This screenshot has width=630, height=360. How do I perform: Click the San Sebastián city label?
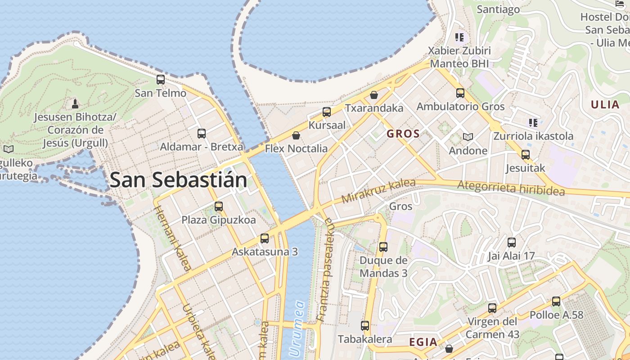pyautogui.click(x=178, y=180)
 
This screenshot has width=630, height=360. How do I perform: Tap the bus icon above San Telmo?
pyautogui.click(x=161, y=80)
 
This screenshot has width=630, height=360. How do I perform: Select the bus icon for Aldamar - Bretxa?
pyautogui.click(x=202, y=133)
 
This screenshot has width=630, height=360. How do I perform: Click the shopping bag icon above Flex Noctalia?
pyautogui.click(x=296, y=135)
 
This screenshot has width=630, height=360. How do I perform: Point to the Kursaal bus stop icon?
pyautogui.click(x=327, y=112)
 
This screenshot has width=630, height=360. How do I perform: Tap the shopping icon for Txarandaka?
pyautogui.click(x=374, y=95)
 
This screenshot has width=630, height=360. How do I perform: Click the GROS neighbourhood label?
pyautogui.click(x=403, y=134)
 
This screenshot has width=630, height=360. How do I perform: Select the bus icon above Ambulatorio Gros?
pyautogui.click(x=460, y=93)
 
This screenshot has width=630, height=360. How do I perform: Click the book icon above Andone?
pyautogui.click(x=468, y=137)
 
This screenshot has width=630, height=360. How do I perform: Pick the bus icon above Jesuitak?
pyautogui.click(x=526, y=155)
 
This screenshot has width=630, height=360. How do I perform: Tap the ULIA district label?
pyautogui.click(x=605, y=105)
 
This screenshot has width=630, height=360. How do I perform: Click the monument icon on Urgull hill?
pyautogui.click(x=75, y=104)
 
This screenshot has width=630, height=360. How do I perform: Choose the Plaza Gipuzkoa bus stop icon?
pyautogui.click(x=219, y=207)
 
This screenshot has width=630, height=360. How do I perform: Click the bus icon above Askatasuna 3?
pyautogui.click(x=265, y=238)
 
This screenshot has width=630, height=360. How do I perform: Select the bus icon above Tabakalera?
pyautogui.click(x=365, y=325)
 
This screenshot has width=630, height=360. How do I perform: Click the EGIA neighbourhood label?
pyautogui.click(x=423, y=342)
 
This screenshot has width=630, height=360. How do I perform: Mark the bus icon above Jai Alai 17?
pyautogui.click(x=512, y=243)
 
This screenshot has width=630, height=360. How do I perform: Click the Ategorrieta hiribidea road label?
pyautogui.click(x=511, y=188)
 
